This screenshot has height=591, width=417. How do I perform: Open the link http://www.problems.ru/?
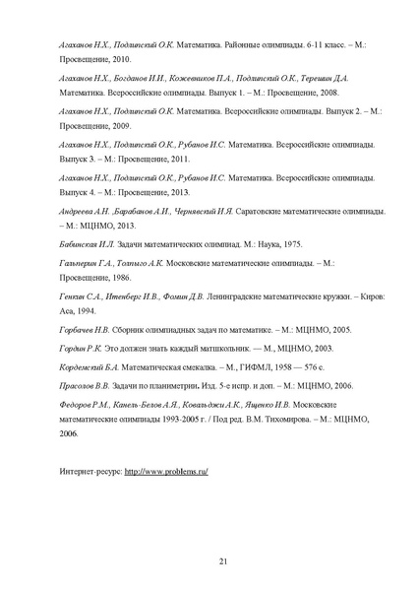[167, 471]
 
